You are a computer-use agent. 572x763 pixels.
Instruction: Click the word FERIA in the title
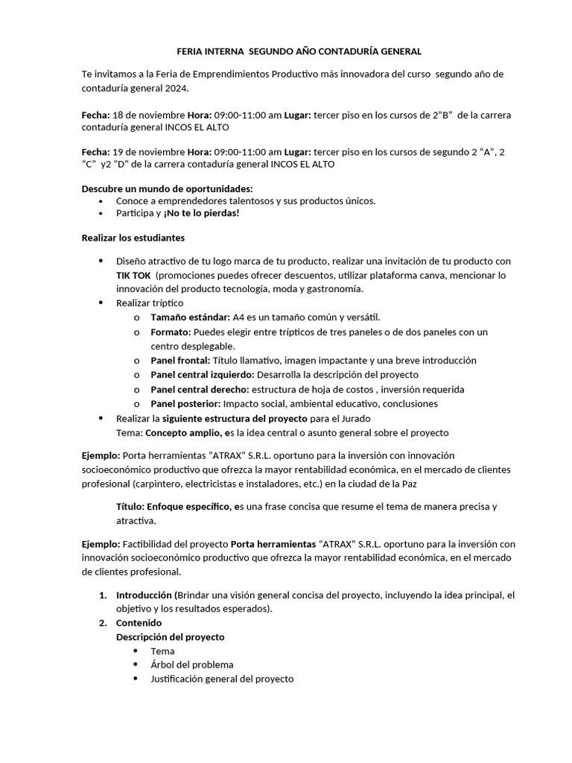click(x=189, y=51)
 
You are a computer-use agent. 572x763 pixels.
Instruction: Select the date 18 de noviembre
click(x=147, y=115)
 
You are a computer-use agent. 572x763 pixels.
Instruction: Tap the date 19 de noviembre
click(x=147, y=152)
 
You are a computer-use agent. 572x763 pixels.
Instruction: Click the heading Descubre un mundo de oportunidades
click(x=167, y=189)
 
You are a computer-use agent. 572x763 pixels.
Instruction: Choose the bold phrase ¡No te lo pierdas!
click(x=202, y=212)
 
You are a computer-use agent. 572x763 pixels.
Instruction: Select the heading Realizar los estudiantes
click(x=133, y=238)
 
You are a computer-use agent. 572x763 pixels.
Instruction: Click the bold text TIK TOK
click(x=133, y=275)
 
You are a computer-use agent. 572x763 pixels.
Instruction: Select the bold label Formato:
click(x=171, y=332)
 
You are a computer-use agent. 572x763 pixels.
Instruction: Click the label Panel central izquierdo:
click(x=203, y=375)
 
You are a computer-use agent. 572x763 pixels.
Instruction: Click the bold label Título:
click(x=130, y=507)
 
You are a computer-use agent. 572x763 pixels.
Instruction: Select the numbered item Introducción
click(x=144, y=595)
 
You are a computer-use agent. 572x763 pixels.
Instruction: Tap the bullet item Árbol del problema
click(x=191, y=664)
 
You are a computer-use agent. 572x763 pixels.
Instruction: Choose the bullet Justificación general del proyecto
click(x=222, y=679)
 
